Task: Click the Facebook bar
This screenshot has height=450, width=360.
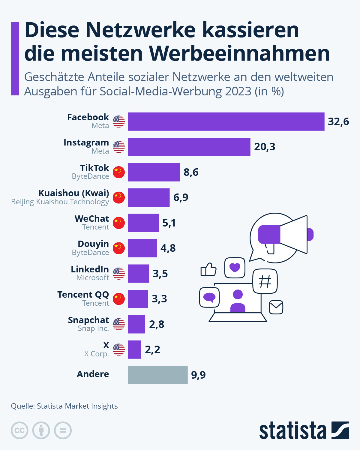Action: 226,121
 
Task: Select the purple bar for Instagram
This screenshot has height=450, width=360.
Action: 189,147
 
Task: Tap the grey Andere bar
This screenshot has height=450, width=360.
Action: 158,375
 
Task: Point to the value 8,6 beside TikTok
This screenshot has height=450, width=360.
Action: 191,172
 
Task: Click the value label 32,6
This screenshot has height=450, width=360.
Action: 338,121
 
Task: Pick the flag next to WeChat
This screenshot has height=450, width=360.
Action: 119,223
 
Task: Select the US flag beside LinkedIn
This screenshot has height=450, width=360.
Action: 119,274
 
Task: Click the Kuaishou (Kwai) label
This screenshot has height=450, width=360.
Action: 74,193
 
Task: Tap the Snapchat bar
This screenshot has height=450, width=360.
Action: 136,324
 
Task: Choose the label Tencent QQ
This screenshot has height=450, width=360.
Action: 83,295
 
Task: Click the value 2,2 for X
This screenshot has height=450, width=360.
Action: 152,349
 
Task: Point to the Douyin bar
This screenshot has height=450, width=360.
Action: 142,248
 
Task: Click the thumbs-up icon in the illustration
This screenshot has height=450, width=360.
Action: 208,269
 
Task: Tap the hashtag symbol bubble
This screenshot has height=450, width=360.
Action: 265,281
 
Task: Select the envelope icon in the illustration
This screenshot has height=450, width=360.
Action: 276,307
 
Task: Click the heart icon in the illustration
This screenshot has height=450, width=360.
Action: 235,267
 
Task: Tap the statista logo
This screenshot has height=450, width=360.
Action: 304,430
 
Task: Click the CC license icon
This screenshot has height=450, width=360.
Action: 19,430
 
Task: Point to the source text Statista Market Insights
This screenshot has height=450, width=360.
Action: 77,406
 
